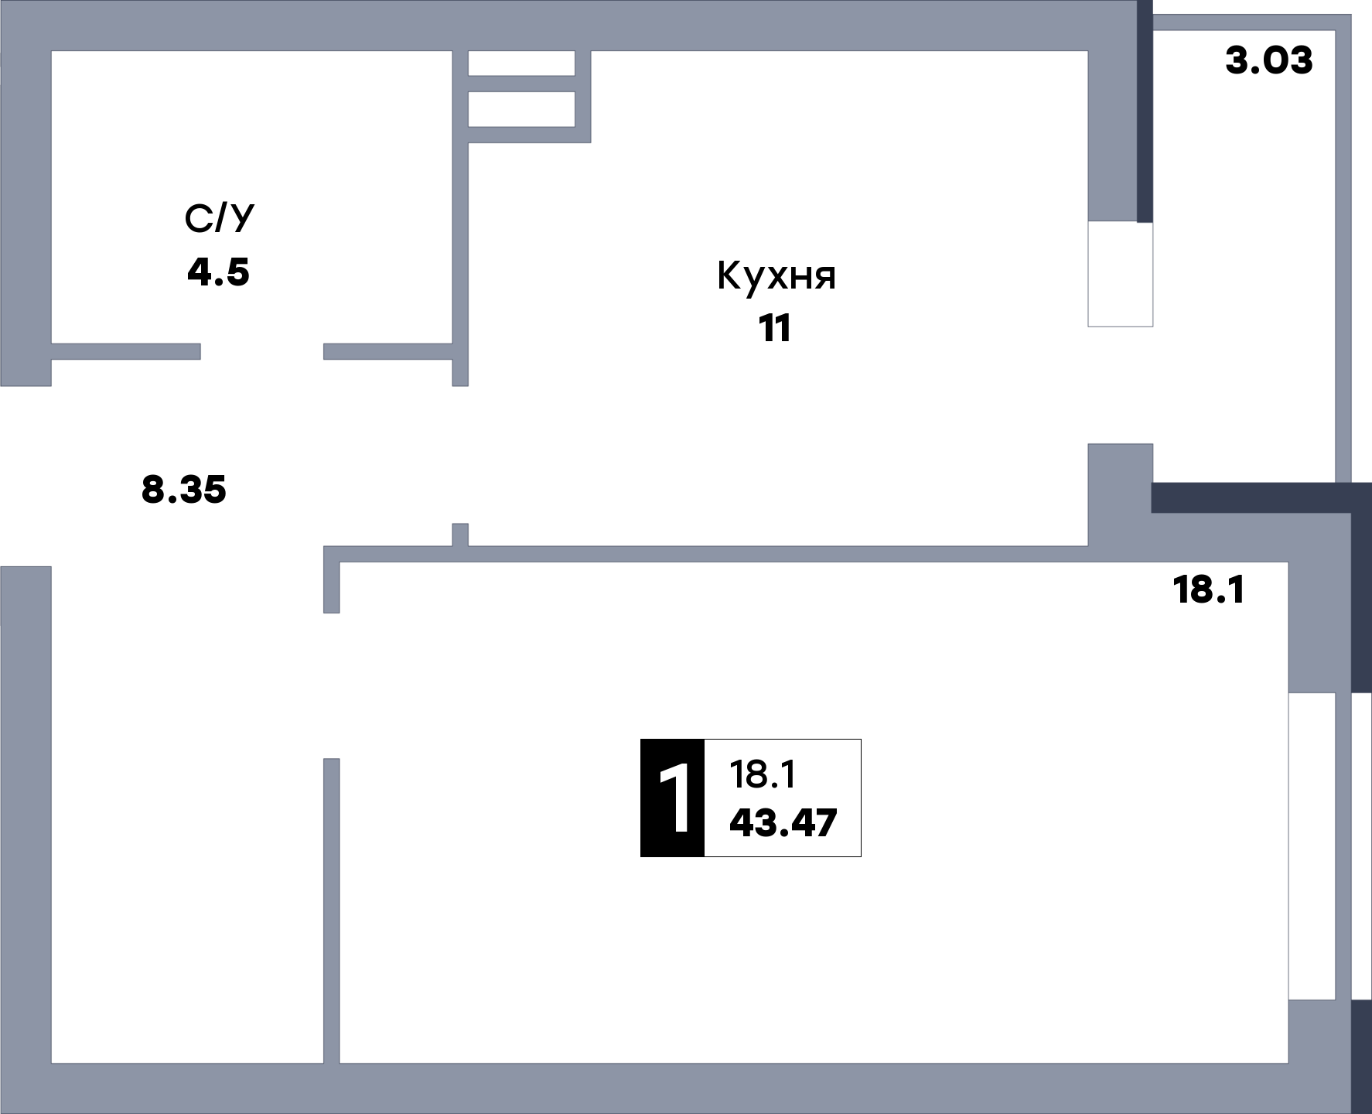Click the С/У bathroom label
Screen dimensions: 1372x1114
point(219,220)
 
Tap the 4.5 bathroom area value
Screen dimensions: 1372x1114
point(219,272)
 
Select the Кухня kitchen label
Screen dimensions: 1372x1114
point(776,276)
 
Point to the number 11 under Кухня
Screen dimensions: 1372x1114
point(776,330)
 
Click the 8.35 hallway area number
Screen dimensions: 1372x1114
point(184,490)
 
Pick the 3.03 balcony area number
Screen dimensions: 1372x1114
point(1269,60)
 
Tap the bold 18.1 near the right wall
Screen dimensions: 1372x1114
point(1209,590)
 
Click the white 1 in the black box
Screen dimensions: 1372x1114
point(673,798)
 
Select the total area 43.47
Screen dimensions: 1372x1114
point(783,823)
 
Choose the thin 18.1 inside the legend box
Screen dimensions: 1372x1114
point(763,774)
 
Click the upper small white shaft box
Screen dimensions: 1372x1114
point(522,63)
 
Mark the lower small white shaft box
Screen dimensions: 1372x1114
point(522,108)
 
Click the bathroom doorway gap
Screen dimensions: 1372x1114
point(262,352)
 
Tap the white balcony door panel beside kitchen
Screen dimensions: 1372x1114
point(1121,275)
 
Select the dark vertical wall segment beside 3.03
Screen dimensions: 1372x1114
point(1145,111)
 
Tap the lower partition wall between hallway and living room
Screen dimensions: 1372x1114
point(331,911)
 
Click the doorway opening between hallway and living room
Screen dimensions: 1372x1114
point(331,685)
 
